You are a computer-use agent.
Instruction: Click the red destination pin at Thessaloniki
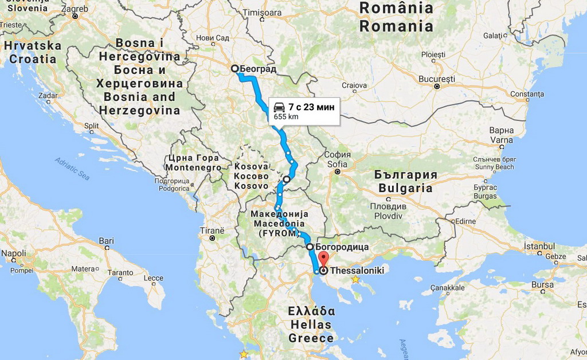(x=323, y=258)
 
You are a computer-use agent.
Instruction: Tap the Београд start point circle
(x=234, y=69)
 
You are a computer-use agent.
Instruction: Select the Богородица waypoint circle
(x=310, y=246)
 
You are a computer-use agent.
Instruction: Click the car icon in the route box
(x=279, y=107)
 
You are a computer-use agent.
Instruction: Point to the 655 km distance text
(x=285, y=117)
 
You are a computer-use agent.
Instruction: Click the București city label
(x=436, y=79)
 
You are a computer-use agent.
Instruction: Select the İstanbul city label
(x=539, y=246)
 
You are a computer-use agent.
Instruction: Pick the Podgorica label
(x=173, y=188)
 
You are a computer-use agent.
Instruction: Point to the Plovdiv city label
(x=388, y=216)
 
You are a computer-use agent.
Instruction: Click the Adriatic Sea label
(x=72, y=169)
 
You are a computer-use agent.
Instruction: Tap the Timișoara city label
(x=262, y=12)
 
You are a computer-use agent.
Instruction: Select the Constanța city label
(x=527, y=93)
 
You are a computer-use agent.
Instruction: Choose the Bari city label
(x=106, y=241)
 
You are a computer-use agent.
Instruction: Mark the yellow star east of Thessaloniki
(x=355, y=279)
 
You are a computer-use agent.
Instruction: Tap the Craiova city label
(x=354, y=85)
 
